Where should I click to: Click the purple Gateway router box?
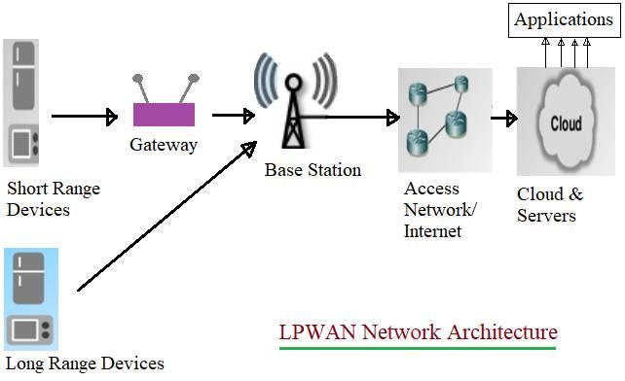pos(165,115)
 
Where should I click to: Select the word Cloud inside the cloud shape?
pos(566,124)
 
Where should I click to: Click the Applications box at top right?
pos(564,19)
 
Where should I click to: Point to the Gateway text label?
pos(164,146)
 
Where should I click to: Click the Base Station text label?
pos(312,170)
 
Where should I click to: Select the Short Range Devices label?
pos(53,198)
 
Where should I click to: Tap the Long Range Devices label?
pos(84,364)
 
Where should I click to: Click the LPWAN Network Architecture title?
pos(418,331)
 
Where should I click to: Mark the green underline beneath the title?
pos(418,347)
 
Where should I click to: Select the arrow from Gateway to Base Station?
pos(233,116)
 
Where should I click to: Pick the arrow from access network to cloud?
pos(503,119)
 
